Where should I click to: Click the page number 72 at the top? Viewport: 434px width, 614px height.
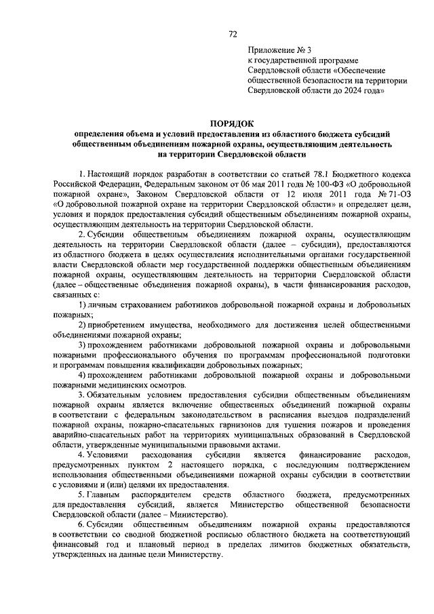[x=233, y=33]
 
